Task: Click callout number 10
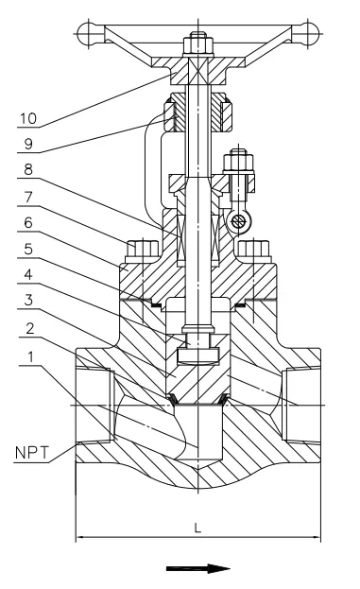pos(28,118)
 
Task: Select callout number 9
pos(29,144)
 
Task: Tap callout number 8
pos(28,170)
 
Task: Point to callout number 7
pos(28,197)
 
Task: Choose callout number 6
pos(28,222)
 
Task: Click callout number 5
pos(28,249)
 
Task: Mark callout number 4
pos(28,274)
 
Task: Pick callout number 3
pos(28,300)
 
